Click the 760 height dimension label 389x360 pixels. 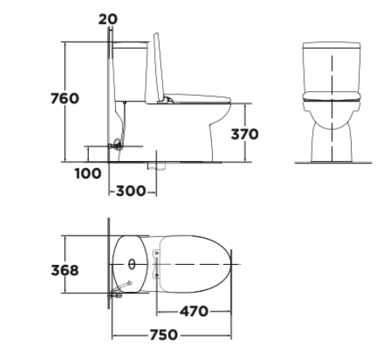tap(64, 99)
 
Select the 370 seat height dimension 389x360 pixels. tap(244, 134)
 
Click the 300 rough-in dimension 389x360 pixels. tap(131, 191)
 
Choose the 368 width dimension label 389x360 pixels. tap(64, 270)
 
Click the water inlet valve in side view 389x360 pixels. tap(117, 145)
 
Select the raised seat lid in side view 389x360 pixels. tap(160, 67)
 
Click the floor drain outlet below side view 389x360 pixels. tap(156, 167)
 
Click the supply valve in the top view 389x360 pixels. tap(116, 295)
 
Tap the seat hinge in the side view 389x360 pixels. tap(170, 100)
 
